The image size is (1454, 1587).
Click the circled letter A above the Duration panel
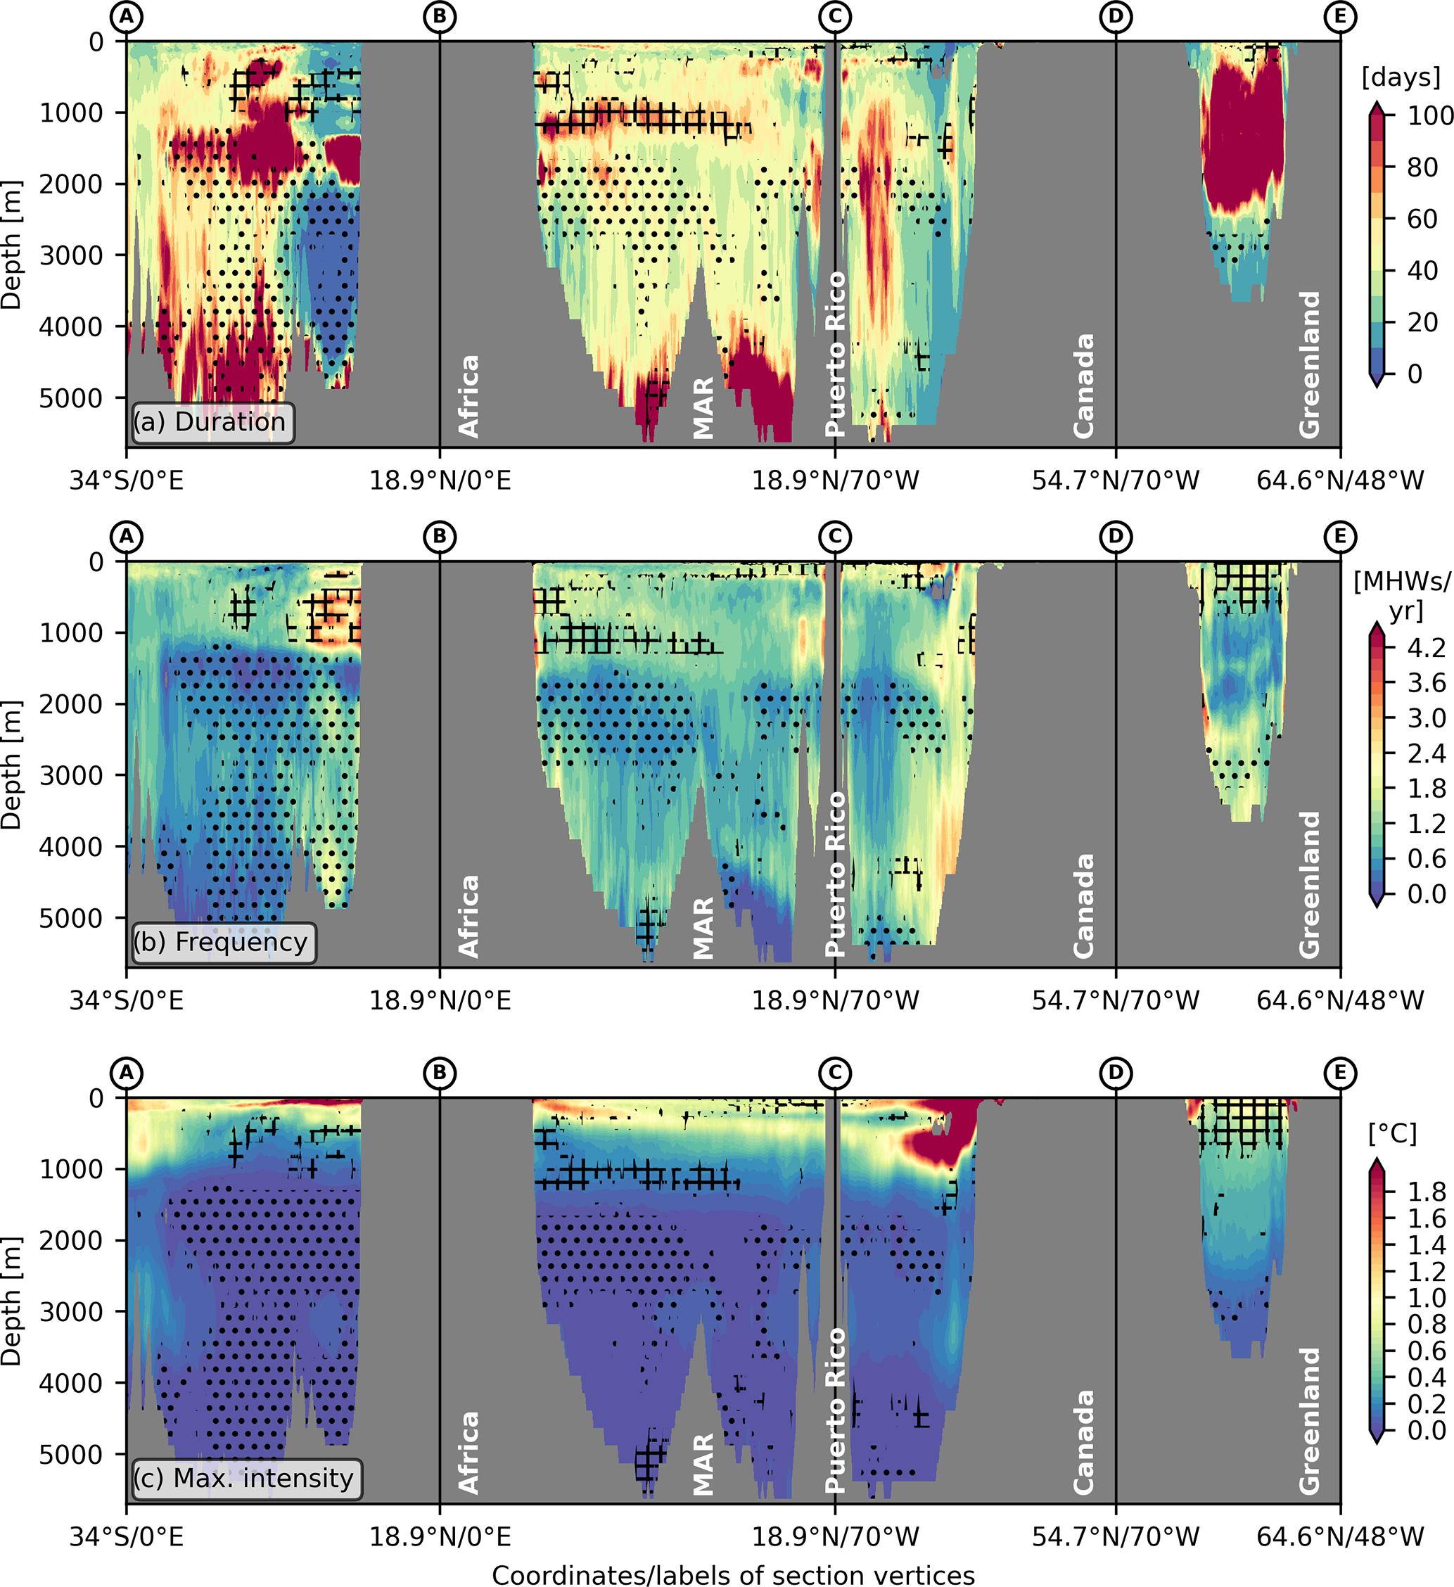pyautogui.click(x=127, y=17)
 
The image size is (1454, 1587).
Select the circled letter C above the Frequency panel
pyautogui.click(x=834, y=537)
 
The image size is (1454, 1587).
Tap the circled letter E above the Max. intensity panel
pyautogui.click(x=1340, y=1073)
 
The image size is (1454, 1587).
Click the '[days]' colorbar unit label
pyautogui.click(x=1401, y=77)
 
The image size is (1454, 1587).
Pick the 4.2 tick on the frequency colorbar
pyautogui.click(x=1427, y=648)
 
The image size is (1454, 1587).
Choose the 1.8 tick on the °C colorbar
pyautogui.click(x=1427, y=1192)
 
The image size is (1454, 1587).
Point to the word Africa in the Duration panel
pyautogui.click(x=469, y=396)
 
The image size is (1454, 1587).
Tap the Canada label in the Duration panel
pyautogui.click(x=1084, y=385)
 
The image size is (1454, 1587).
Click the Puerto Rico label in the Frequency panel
pyautogui.click(x=834, y=873)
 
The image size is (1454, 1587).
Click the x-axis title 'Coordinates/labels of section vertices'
pyautogui.click(x=733, y=1574)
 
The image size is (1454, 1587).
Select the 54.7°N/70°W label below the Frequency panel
pyautogui.click(x=1116, y=1000)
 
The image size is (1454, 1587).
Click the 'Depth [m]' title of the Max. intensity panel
pyautogui.click(x=11, y=1301)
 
